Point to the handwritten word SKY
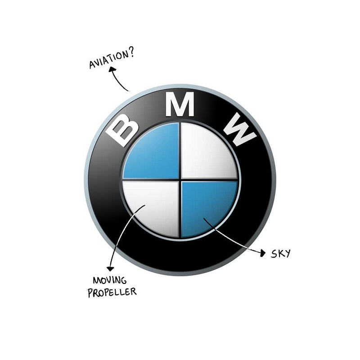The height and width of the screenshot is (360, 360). point(280,253)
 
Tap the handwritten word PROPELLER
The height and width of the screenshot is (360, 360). point(112,293)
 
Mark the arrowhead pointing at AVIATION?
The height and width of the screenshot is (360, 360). point(112,70)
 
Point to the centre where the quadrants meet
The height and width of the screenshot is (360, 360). point(180,180)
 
